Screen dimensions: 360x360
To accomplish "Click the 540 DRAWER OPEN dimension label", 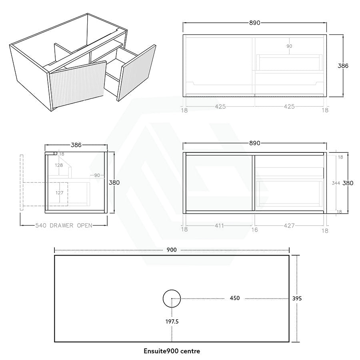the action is tap(64, 226).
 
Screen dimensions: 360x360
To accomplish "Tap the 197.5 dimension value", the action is tap(172, 322).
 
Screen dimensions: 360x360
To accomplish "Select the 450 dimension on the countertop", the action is tap(235, 298).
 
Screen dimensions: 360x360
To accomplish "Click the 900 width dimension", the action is tap(172, 250).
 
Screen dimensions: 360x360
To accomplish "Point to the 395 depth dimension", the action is tap(297, 298).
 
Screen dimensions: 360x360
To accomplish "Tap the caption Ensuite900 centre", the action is tap(172, 351).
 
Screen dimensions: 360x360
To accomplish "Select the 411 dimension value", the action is tap(219, 226).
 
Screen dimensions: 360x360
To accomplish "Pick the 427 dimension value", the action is tap(289, 226).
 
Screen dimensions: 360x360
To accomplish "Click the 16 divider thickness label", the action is tap(255, 230).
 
